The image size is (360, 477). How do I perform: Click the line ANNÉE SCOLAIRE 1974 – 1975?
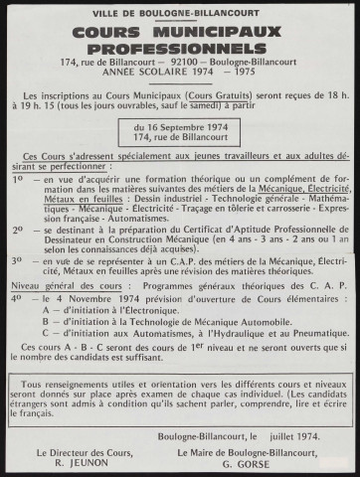180,75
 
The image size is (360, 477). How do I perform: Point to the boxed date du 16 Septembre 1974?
180,130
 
